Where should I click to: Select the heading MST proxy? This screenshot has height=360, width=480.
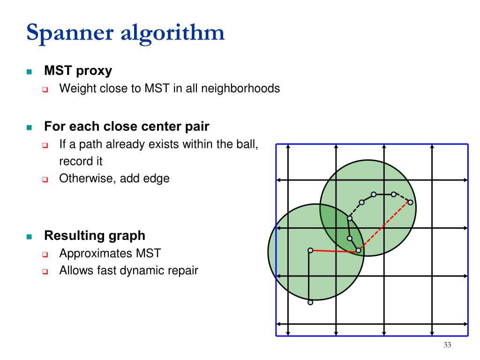[x=78, y=71]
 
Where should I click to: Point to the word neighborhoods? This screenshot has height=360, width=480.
[x=240, y=88]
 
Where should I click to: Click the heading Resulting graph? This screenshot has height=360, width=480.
[x=95, y=235]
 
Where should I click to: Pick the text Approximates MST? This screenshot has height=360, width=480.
[x=110, y=254]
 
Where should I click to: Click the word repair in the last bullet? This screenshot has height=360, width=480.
[x=183, y=270]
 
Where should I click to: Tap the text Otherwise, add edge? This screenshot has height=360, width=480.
[x=114, y=179]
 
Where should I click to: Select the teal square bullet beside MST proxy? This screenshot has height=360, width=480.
[x=29, y=72]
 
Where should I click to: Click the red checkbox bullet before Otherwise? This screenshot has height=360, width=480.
[x=45, y=179]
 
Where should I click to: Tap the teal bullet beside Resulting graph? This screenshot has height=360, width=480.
[x=29, y=236]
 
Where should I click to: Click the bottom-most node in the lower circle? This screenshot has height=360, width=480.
[x=310, y=302]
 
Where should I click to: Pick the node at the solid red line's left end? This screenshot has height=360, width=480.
[x=310, y=250]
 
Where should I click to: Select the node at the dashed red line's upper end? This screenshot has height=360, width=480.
[x=410, y=202]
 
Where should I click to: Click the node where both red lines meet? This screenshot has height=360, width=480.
[x=358, y=250]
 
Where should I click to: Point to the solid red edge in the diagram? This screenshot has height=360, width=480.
[x=334, y=251]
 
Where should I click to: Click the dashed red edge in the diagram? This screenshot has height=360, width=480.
[x=384, y=226]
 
